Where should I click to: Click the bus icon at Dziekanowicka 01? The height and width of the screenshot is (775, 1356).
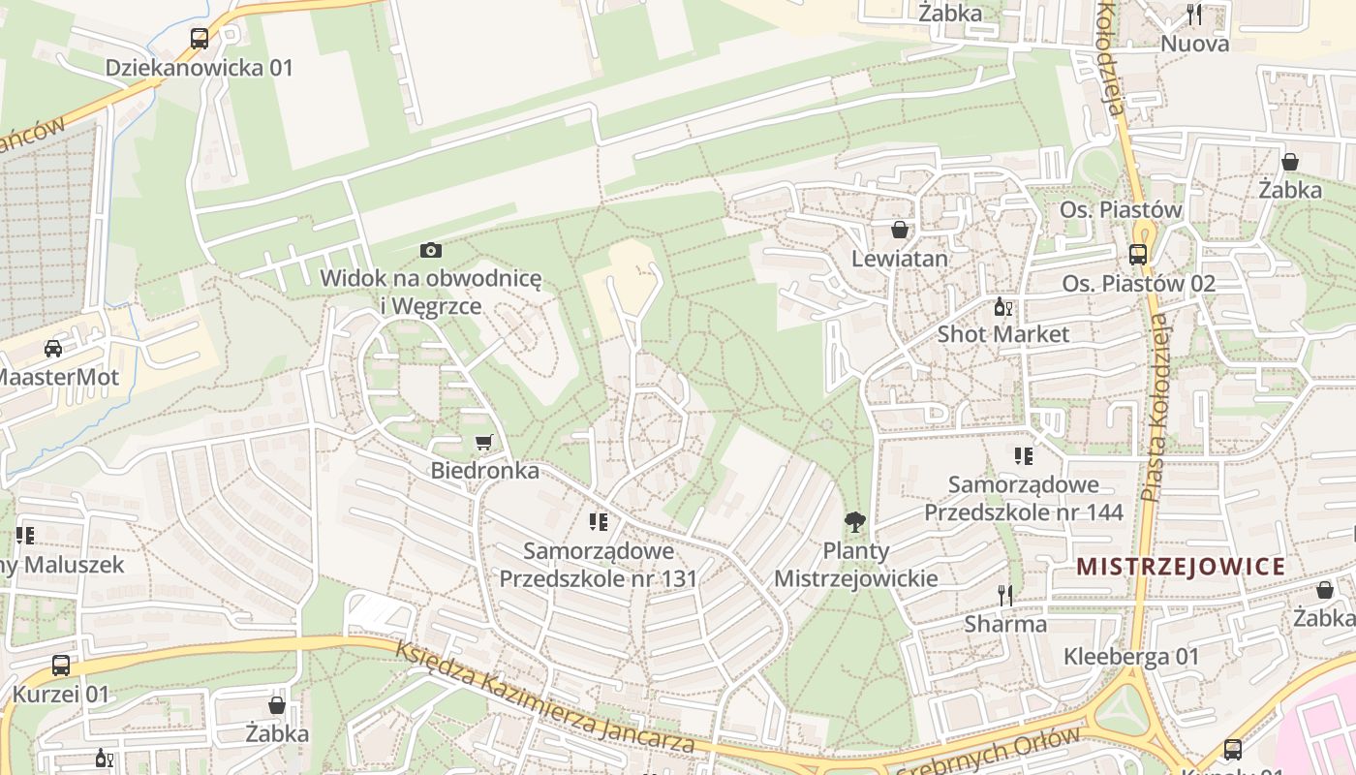200,39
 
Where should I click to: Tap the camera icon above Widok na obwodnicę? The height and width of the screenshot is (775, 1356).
431,250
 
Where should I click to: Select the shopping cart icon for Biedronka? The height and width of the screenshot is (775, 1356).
484,443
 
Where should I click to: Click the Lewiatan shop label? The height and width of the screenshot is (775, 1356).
900,259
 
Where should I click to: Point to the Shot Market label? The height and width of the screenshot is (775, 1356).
1003,334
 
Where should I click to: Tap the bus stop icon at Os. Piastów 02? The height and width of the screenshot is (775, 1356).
1138,255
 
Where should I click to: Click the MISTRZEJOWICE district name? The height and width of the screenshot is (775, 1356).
1181,567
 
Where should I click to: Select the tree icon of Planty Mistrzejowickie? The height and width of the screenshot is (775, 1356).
854,523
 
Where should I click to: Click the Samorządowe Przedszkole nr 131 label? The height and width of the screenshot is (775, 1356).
598,565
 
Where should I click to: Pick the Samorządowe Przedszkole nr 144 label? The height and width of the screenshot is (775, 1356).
1024,498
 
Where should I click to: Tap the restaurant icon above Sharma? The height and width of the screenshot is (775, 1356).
1005,595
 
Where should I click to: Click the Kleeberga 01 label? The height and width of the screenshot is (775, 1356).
1131,656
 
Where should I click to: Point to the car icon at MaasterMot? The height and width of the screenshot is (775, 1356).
53,349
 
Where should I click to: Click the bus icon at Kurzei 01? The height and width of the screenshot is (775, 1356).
61,666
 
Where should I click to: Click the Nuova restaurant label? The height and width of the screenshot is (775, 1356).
1194,44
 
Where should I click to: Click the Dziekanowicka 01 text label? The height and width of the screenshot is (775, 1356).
199,68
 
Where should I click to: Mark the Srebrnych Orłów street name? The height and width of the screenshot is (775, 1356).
988,755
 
